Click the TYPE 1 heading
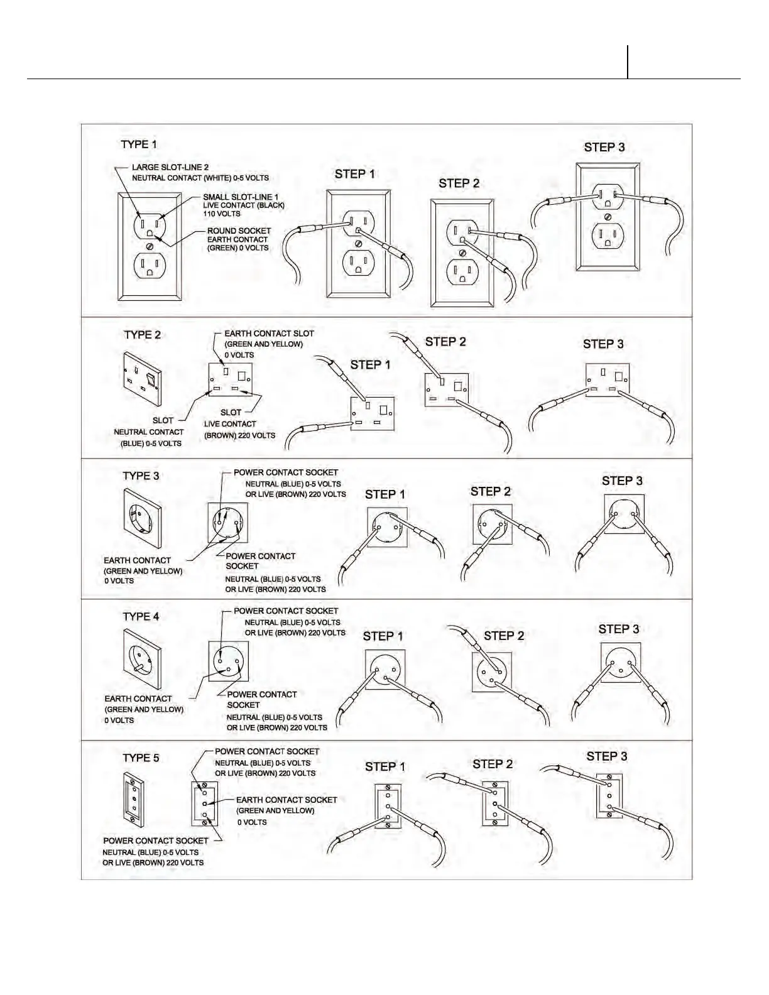(139, 144)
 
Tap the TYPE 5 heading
(141, 758)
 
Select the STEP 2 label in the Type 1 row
(459, 183)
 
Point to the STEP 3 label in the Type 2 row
(603, 344)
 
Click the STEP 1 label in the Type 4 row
(383, 636)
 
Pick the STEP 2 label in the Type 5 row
(493, 764)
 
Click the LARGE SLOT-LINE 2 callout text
(170, 168)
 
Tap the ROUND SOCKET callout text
(239, 231)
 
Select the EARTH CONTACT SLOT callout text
(269, 334)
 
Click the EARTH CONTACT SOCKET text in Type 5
(286, 800)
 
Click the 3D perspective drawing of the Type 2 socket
(143, 379)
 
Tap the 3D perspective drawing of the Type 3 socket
(143, 518)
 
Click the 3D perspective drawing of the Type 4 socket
(143, 658)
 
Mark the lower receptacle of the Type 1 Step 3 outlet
(608, 237)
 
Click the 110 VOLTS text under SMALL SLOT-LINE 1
(221, 214)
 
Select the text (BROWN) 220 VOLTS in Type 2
(239, 435)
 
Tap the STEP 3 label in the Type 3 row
(622, 481)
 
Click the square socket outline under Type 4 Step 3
(621, 662)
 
